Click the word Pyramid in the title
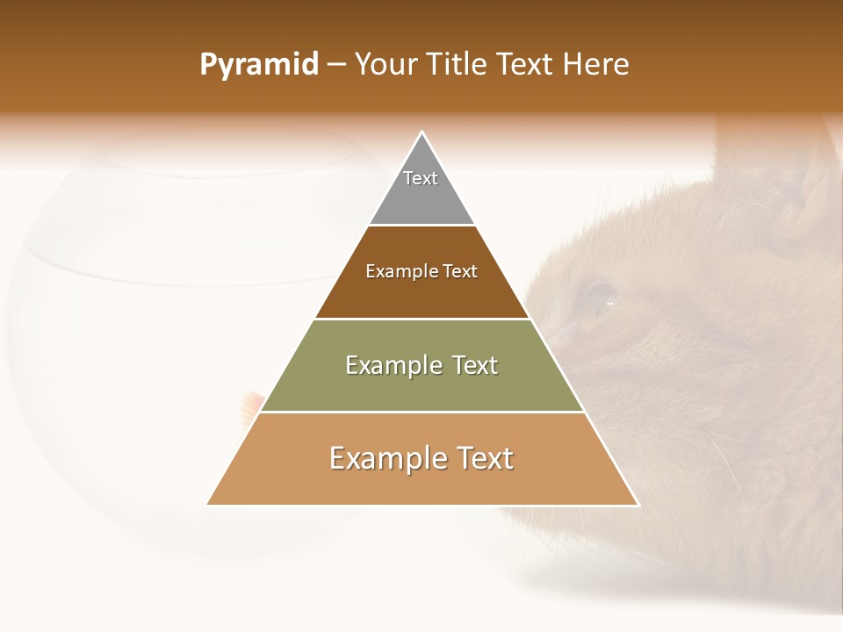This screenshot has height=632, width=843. (x=259, y=65)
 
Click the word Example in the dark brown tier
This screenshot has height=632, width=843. (x=393, y=272)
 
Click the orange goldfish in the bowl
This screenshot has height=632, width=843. (x=252, y=404)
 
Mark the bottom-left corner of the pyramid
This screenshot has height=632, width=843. (x=207, y=505)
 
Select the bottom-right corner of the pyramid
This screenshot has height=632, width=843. (x=638, y=505)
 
